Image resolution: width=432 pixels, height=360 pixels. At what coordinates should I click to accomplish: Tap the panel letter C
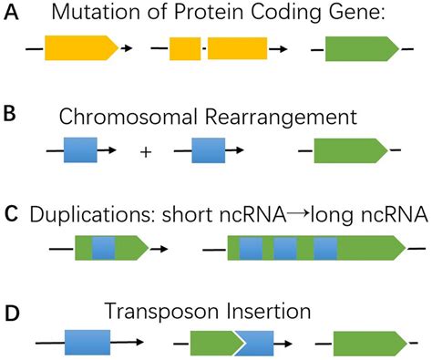(11, 215)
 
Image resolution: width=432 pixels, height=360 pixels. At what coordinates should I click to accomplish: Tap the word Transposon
(149, 313)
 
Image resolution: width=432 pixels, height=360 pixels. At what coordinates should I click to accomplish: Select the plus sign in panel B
(146, 151)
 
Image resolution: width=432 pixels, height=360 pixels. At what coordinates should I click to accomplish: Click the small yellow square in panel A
(185, 49)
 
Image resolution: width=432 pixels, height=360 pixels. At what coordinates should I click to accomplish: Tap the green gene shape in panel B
(351, 150)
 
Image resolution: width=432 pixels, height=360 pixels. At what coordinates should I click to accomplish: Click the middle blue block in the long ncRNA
(286, 248)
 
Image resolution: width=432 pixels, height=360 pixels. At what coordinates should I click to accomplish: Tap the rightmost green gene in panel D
(361, 344)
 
